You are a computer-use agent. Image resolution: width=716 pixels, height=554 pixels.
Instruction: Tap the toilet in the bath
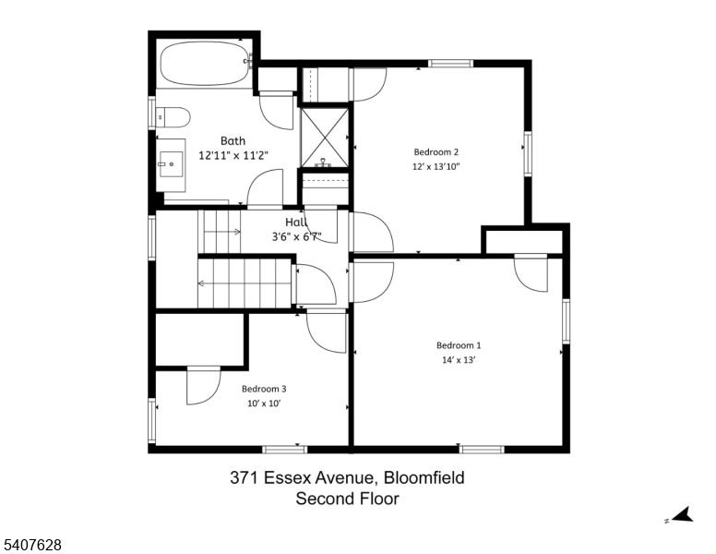click(173, 117)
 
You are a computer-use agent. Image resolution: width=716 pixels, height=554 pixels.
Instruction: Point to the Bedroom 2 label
click(436, 152)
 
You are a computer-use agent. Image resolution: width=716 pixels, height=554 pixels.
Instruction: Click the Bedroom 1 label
click(459, 345)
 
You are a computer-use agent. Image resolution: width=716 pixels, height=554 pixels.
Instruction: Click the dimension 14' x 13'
click(459, 361)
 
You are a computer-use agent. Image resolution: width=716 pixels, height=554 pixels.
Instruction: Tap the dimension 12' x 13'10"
click(436, 167)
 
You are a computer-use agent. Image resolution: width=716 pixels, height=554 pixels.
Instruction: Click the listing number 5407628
click(32, 546)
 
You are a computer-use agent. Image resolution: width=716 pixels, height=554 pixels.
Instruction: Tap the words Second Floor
click(346, 500)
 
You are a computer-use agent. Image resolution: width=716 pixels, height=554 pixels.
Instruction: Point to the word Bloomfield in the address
click(423, 478)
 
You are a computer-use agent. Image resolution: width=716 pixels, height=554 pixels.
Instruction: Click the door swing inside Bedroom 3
click(200, 386)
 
